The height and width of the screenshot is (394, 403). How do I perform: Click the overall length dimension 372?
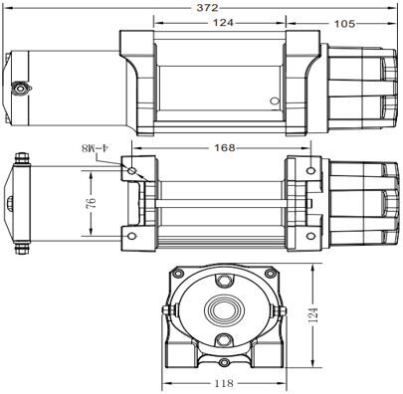coord(208,7)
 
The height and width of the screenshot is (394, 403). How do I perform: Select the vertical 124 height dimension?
coord(315,317)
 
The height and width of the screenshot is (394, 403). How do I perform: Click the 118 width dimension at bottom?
coord(224,381)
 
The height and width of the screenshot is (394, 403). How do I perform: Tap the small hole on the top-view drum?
coord(276,99)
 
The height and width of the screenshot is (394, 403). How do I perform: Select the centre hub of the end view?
coord(224,307)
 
